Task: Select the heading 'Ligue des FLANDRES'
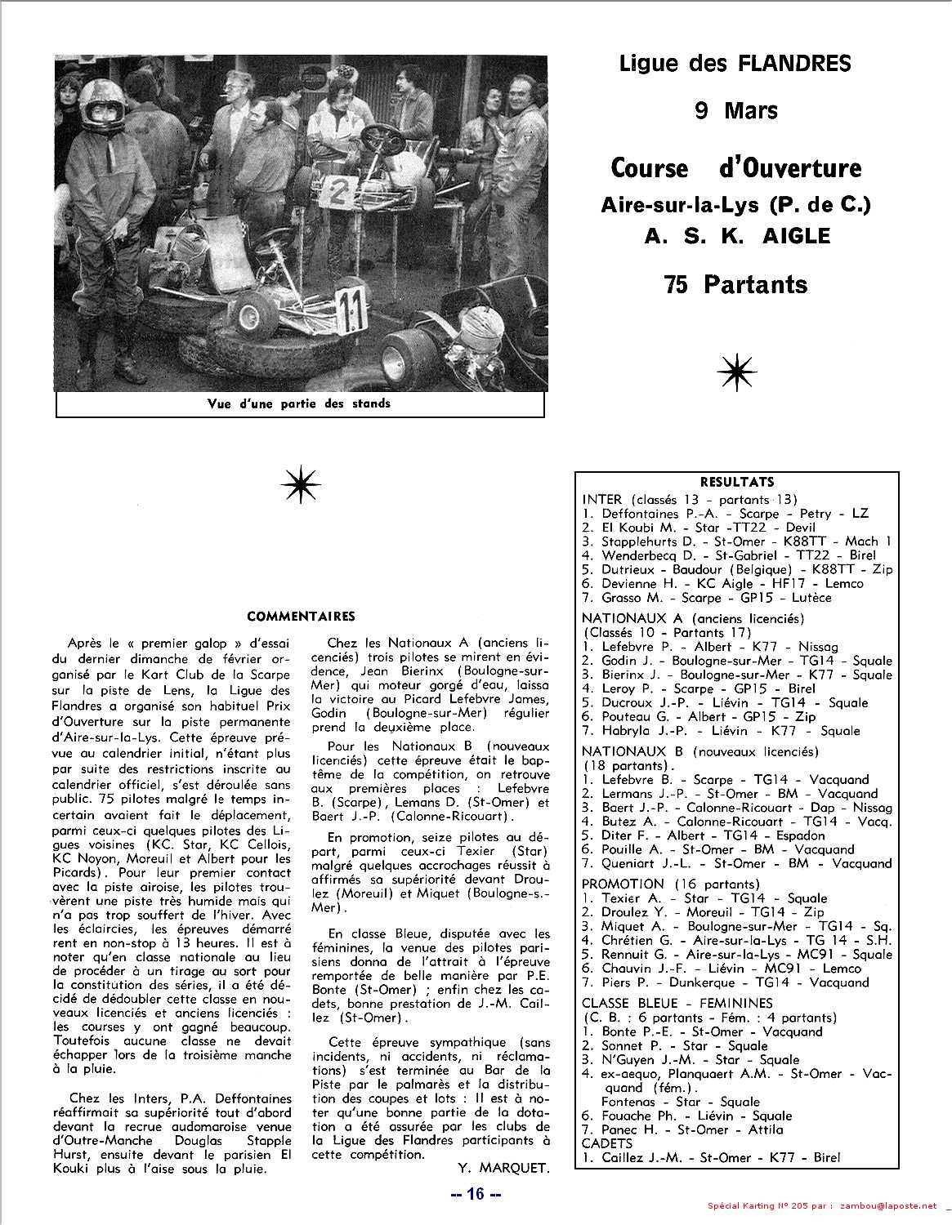(x=735, y=63)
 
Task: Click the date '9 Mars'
(x=735, y=109)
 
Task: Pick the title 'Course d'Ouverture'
(x=735, y=167)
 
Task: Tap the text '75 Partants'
(x=735, y=284)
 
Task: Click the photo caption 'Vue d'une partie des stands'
(x=299, y=403)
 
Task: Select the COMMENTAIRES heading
(x=301, y=616)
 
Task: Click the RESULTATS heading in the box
(x=736, y=482)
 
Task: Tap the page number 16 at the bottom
(x=476, y=1193)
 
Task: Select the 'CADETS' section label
(x=607, y=1143)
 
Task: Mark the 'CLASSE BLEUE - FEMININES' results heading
(x=677, y=1003)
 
